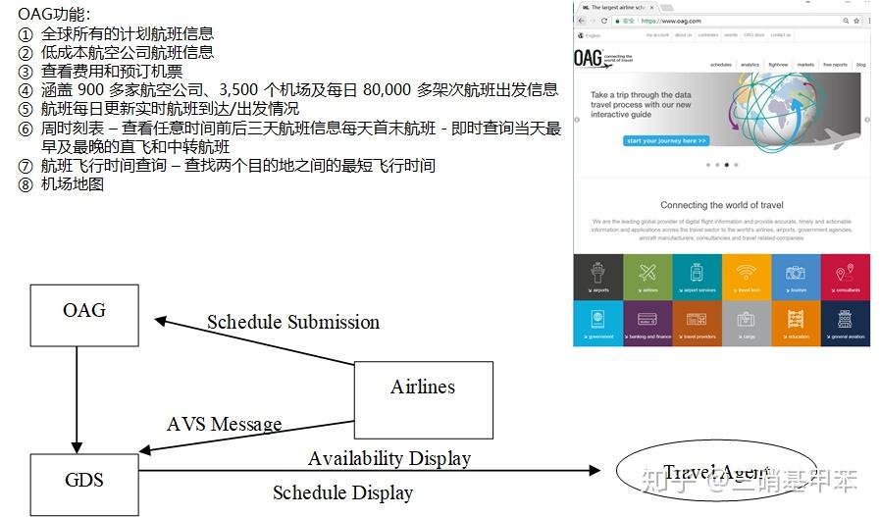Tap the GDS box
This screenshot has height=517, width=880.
coord(83,481)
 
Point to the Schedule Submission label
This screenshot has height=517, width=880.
coord(292,322)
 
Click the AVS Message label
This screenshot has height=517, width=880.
coord(224,424)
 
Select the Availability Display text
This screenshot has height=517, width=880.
coord(388,458)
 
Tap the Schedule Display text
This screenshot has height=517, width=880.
coord(342,492)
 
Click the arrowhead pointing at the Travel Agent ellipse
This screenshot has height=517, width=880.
coord(593,471)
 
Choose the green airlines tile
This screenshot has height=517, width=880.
coord(647,277)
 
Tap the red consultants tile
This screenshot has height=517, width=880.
coord(846,277)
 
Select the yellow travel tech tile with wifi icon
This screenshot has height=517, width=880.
coord(747,277)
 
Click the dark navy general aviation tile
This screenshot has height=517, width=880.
coord(846,323)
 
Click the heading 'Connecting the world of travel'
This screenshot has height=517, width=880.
coord(721,205)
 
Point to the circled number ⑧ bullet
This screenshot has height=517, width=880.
coord(26,184)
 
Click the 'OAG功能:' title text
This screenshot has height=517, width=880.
coord(54,14)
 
